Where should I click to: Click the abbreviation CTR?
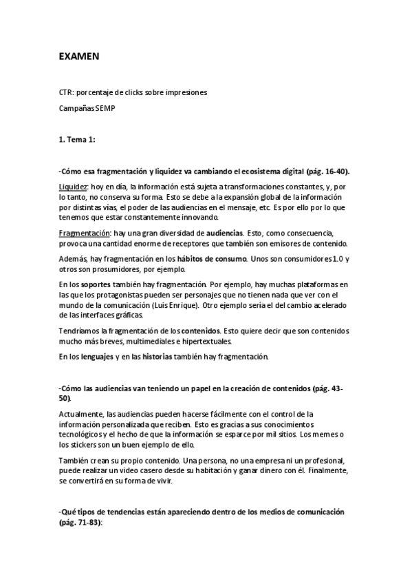[66, 92]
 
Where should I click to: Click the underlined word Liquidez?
[74, 186]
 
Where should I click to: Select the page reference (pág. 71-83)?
[80, 523]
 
